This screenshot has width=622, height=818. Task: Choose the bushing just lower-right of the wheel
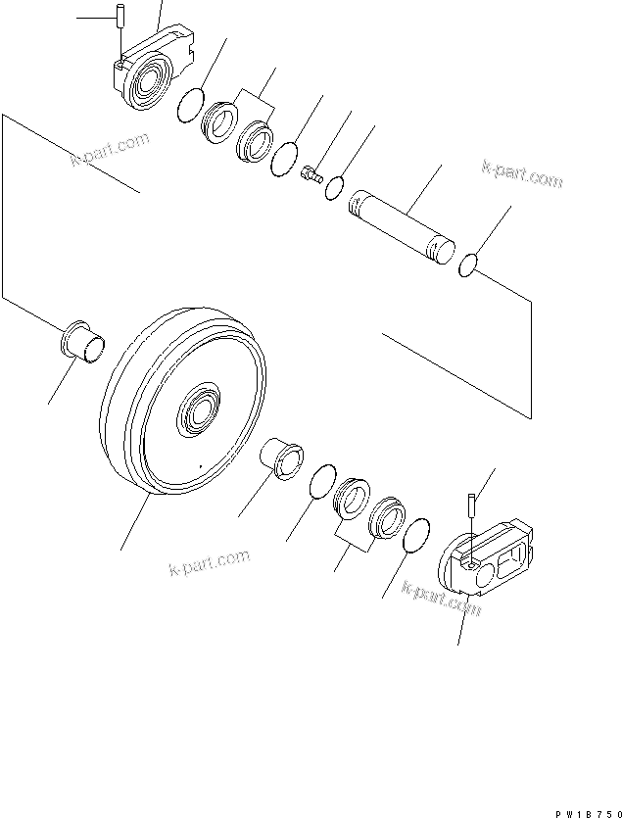click(x=281, y=458)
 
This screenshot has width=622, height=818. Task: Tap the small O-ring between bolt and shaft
click(x=335, y=185)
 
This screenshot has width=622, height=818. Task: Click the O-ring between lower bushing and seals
click(x=319, y=483)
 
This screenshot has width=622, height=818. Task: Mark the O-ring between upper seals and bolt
click(x=284, y=158)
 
